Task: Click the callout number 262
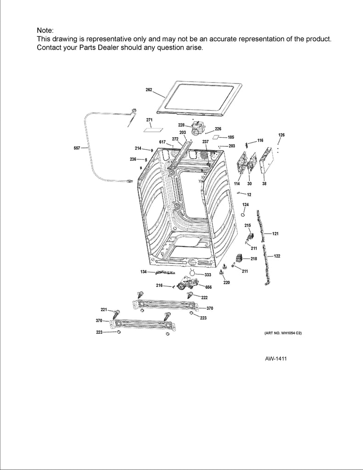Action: (x=149, y=90)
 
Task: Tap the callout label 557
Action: (x=77, y=148)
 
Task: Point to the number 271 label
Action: (x=150, y=120)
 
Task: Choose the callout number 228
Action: (x=181, y=125)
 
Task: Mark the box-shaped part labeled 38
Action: (x=266, y=163)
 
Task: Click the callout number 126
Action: (x=281, y=135)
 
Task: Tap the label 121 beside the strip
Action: (x=275, y=234)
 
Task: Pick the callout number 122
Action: (x=277, y=256)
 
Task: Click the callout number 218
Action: (x=253, y=259)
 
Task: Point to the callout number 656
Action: (x=208, y=287)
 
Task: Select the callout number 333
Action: (x=207, y=274)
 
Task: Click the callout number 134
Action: (x=144, y=272)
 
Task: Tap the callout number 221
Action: (x=104, y=309)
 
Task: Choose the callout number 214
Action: (x=138, y=148)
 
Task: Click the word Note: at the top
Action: (x=45, y=30)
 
